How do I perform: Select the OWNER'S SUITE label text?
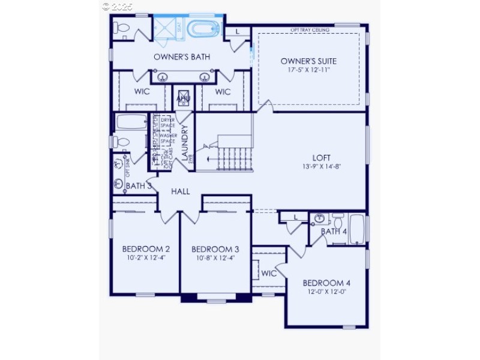point(308,61)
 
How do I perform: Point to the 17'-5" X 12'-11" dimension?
point(308,70)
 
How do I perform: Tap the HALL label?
point(181,191)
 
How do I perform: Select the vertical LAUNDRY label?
point(185,143)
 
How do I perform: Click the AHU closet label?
point(183,97)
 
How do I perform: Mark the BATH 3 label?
point(139,186)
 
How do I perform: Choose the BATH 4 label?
point(334,232)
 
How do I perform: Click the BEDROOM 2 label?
point(146,249)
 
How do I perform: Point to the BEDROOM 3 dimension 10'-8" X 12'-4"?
point(215,258)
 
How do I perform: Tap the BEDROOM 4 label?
point(326,283)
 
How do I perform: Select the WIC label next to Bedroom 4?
point(268,274)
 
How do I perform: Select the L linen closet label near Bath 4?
point(296,217)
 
